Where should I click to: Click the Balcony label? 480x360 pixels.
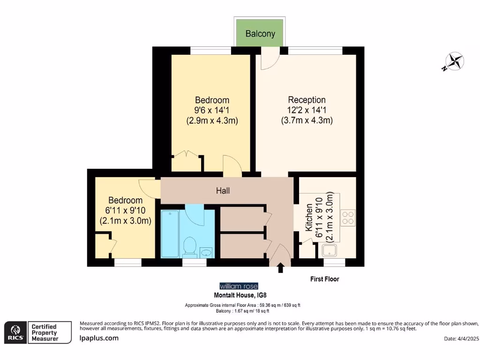tap(260, 34)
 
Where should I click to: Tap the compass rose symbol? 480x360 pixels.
tap(454, 61)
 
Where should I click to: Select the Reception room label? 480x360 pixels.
tap(307, 100)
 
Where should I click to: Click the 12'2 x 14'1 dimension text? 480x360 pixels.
tap(307, 110)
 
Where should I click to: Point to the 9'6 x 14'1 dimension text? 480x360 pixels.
tap(212, 110)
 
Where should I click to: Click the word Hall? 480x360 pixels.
tap(223, 191)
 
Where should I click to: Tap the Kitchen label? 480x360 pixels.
tap(309, 217)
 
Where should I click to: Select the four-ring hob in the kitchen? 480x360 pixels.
tap(348, 217)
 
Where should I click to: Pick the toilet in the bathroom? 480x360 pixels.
tap(190, 246)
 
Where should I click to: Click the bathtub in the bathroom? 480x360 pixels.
tap(169, 233)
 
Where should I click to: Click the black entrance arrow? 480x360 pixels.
tap(280, 268)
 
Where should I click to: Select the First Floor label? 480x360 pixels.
tap(324, 279)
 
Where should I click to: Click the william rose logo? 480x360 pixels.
tap(239, 286)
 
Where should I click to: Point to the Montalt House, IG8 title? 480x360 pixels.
tap(239, 295)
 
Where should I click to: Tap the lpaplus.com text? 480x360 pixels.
tap(99, 338)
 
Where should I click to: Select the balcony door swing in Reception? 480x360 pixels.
tap(269, 60)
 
